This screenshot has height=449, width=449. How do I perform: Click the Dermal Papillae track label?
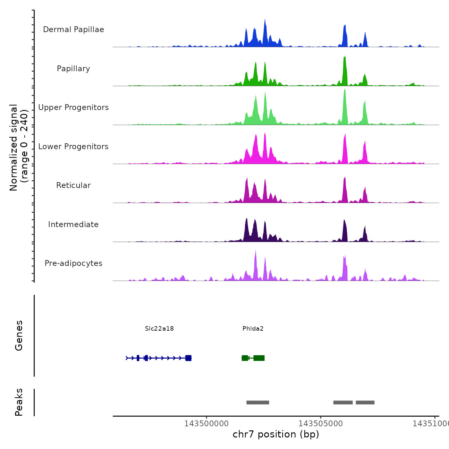(73, 30)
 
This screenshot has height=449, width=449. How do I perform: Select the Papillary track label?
(73, 69)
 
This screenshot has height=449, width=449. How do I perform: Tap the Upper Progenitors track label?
(73, 107)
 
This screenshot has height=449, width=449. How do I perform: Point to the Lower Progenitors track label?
(73, 147)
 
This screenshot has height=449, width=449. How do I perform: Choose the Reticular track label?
(73, 185)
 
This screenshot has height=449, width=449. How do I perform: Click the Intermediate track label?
(73, 224)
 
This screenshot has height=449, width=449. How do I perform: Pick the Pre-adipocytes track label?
(73, 263)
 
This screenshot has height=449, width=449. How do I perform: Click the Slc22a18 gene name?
(159, 328)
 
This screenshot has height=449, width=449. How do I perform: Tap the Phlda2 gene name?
(253, 328)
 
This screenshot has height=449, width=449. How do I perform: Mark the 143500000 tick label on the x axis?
(206, 424)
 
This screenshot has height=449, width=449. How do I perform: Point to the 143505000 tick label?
(320, 424)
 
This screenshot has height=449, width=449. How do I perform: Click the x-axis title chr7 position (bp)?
(276, 434)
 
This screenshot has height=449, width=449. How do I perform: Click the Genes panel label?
(19, 335)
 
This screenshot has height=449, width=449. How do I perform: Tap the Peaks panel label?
(19, 402)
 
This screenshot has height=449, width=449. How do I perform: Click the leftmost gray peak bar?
(258, 402)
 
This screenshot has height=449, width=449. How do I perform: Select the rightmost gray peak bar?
(365, 402)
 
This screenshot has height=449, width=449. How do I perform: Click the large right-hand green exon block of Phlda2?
(259, 358)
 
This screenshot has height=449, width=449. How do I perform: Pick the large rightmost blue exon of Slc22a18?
(188, 358)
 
